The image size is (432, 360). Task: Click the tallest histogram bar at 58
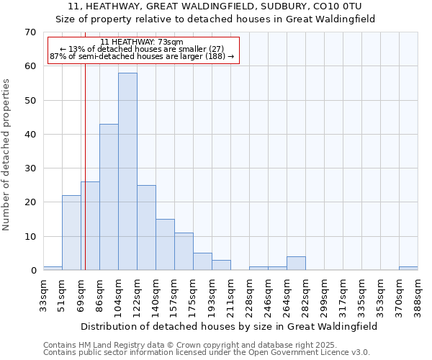[x=127, y=171]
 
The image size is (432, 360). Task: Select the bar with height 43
[x=109, y=197]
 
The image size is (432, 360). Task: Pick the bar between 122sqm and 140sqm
[x=146, y=228]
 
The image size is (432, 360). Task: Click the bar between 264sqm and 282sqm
[x=296, y=264]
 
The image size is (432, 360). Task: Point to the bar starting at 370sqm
[x=408, y=269]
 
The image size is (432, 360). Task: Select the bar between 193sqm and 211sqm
[x=221, y=265]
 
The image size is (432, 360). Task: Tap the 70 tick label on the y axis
[x=30, y=32]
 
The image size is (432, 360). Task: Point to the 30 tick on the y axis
[x=30, y=168]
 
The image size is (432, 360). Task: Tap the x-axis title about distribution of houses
[x=229, y=326]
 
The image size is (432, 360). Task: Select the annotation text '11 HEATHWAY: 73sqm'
[x=142, y=42]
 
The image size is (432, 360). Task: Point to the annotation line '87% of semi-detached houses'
[x=142, y=56]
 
